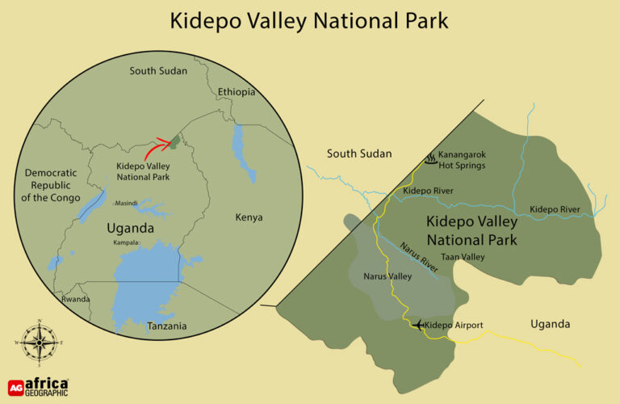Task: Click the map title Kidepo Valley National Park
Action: pyautogui.click(x=311, y=21)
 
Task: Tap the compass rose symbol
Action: pyautogui.click(x=37, y=343)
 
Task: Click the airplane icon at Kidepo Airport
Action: pyautogui.click(x=417, y=325)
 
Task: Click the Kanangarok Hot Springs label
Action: pyautogui.click(x=464, y=160)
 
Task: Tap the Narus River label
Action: pyautogui.click(x=418, y=252)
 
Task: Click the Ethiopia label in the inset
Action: pyautogui.click(x=237, y=92)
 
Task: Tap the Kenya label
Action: pyautogui.click(x=249, y=217)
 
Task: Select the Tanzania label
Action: pyautogui.click(x=167, y=326)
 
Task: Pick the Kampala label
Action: pyautogui.click(x=127, y=242)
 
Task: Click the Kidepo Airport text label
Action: pyautogui.click(x=454, y=325)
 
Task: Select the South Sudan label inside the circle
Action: pyautogui.click(x=158, y=71)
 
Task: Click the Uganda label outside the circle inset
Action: pyautogui.click(x=550, y=324)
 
